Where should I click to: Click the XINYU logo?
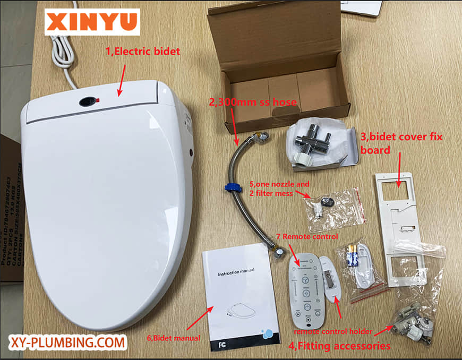tap(92, 22)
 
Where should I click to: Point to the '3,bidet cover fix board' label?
tap(401, 143)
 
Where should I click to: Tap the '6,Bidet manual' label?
tap(174, 338)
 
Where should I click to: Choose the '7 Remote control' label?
tap(306, 236)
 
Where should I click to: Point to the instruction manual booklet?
tap(238, 300)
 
